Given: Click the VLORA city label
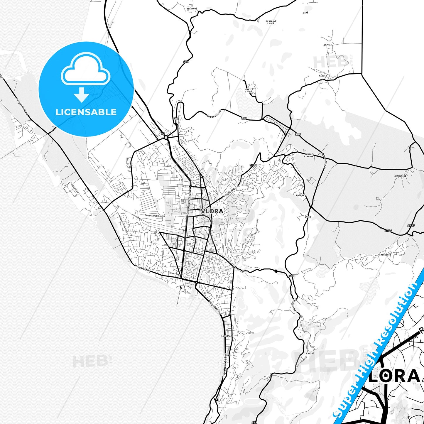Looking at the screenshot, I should click(x=212, y=211).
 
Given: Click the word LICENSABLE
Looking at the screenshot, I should click(x=86, y=112).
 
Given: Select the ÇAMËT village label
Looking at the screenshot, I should click(x=306, y=13).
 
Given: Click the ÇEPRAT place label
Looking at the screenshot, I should click(x=328, y=45).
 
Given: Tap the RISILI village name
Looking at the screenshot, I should click(x=323, y=76).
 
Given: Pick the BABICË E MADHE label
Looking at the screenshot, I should click(x=309, y=155).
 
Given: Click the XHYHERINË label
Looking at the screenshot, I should click(x=400, y=176).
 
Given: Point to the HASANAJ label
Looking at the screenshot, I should click(x=300, y=195).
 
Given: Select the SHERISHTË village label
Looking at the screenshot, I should click(x=385, y=255).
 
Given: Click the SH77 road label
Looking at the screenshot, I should click(x=411, y=226).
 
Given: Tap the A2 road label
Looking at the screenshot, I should click(x=163, y=134).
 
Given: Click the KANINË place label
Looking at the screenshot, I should click(x=310, y=353).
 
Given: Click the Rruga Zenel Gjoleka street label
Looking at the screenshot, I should click(x=155, y=216).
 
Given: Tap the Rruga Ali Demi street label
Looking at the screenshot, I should click(x=231, y=192).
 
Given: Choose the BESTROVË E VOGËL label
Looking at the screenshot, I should click(x=271, y=22).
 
